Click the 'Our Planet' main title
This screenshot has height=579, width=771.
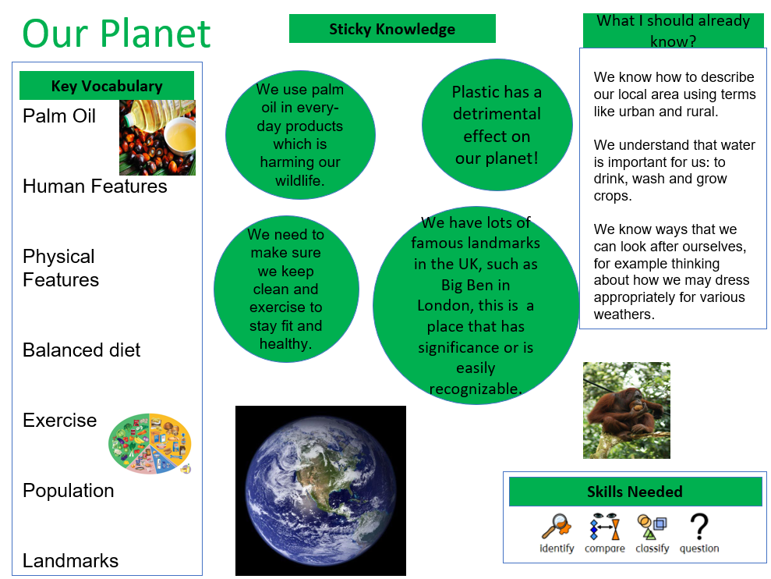(x=116, y=33)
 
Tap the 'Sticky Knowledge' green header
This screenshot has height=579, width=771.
(x=392, y=29)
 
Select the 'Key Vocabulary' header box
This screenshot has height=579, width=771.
(x=107, y=86)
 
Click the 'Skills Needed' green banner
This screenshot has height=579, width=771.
(x=635, y=492)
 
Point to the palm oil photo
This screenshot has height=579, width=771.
(x=157, y=137)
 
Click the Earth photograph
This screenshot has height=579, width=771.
(x=320, y=490)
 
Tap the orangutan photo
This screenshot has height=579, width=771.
(x=626, y=410)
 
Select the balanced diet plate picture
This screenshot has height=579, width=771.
(x=150, y=443)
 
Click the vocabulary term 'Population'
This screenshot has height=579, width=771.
(x=69, y=490)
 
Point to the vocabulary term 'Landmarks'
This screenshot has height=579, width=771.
(x=70, y=560)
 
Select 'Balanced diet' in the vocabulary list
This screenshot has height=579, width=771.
(x=82, y=350)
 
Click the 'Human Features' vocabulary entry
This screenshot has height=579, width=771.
(x=95, y=186)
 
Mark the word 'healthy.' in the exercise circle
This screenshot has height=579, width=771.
(x=285, y=344)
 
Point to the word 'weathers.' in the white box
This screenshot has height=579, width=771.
(x=624, y=314)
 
